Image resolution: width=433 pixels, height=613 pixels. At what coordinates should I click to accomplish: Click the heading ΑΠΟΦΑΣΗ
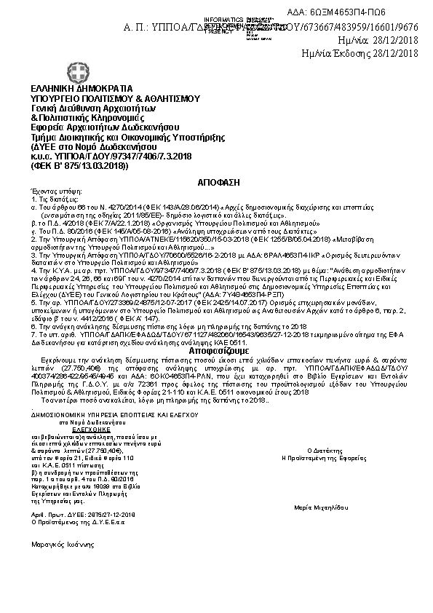pyautogui.click(x=218, y=179)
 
